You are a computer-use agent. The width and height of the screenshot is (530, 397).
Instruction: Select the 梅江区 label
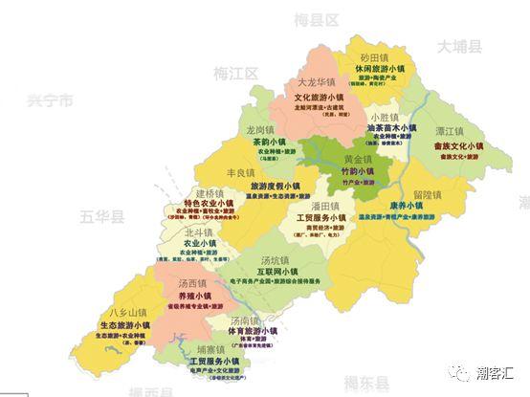click(236, 72)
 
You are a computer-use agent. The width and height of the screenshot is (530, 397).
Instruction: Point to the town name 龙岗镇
click(261, 129)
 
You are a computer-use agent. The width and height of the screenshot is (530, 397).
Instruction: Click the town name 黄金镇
click(358, 158)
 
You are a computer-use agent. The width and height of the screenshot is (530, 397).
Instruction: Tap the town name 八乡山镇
click(127, 312)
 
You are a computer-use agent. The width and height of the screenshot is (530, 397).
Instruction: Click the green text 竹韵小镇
click(359, 171)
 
